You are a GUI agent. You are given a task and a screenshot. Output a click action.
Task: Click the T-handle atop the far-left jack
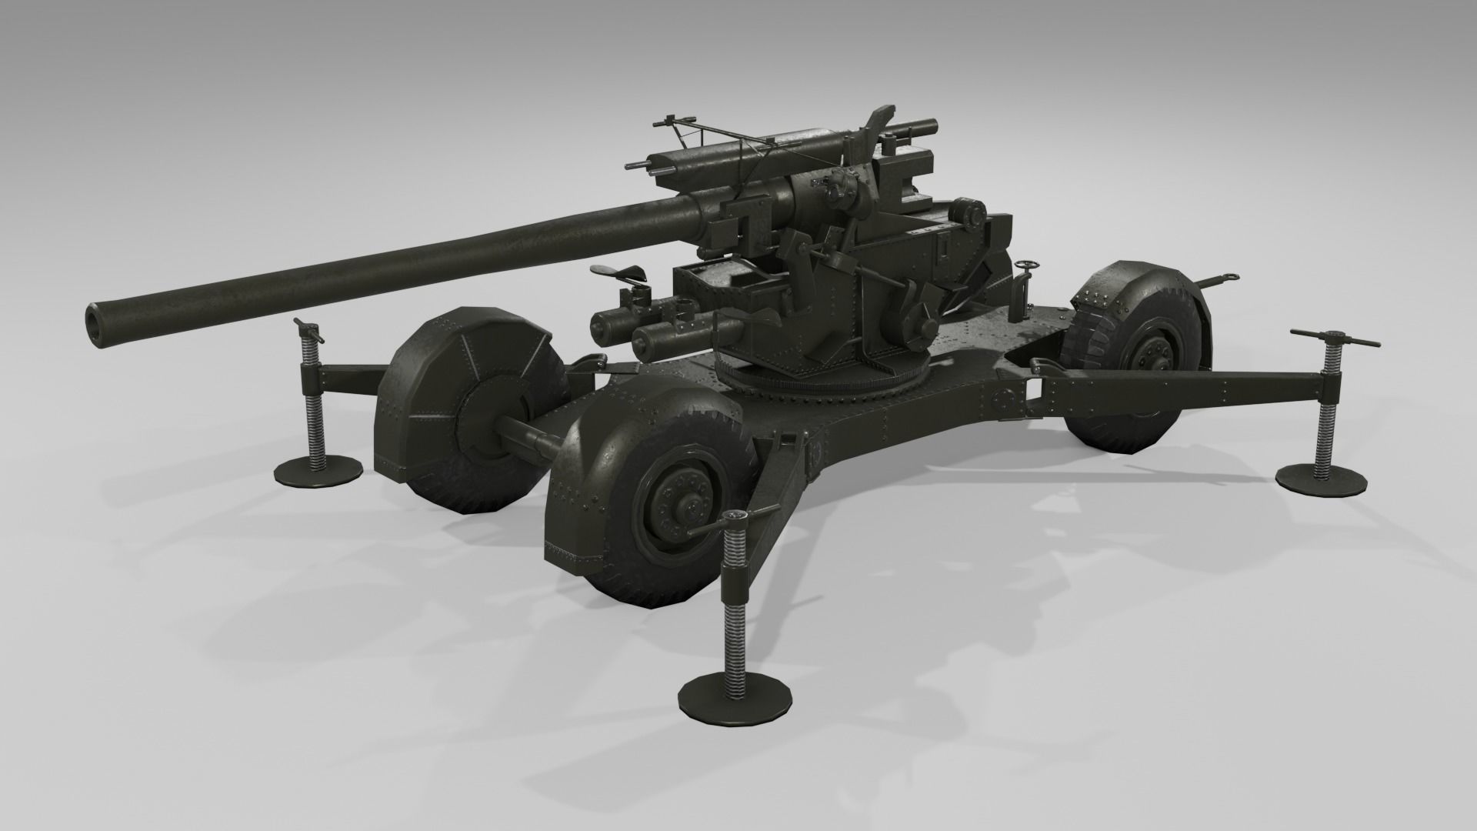click(307, 330)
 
